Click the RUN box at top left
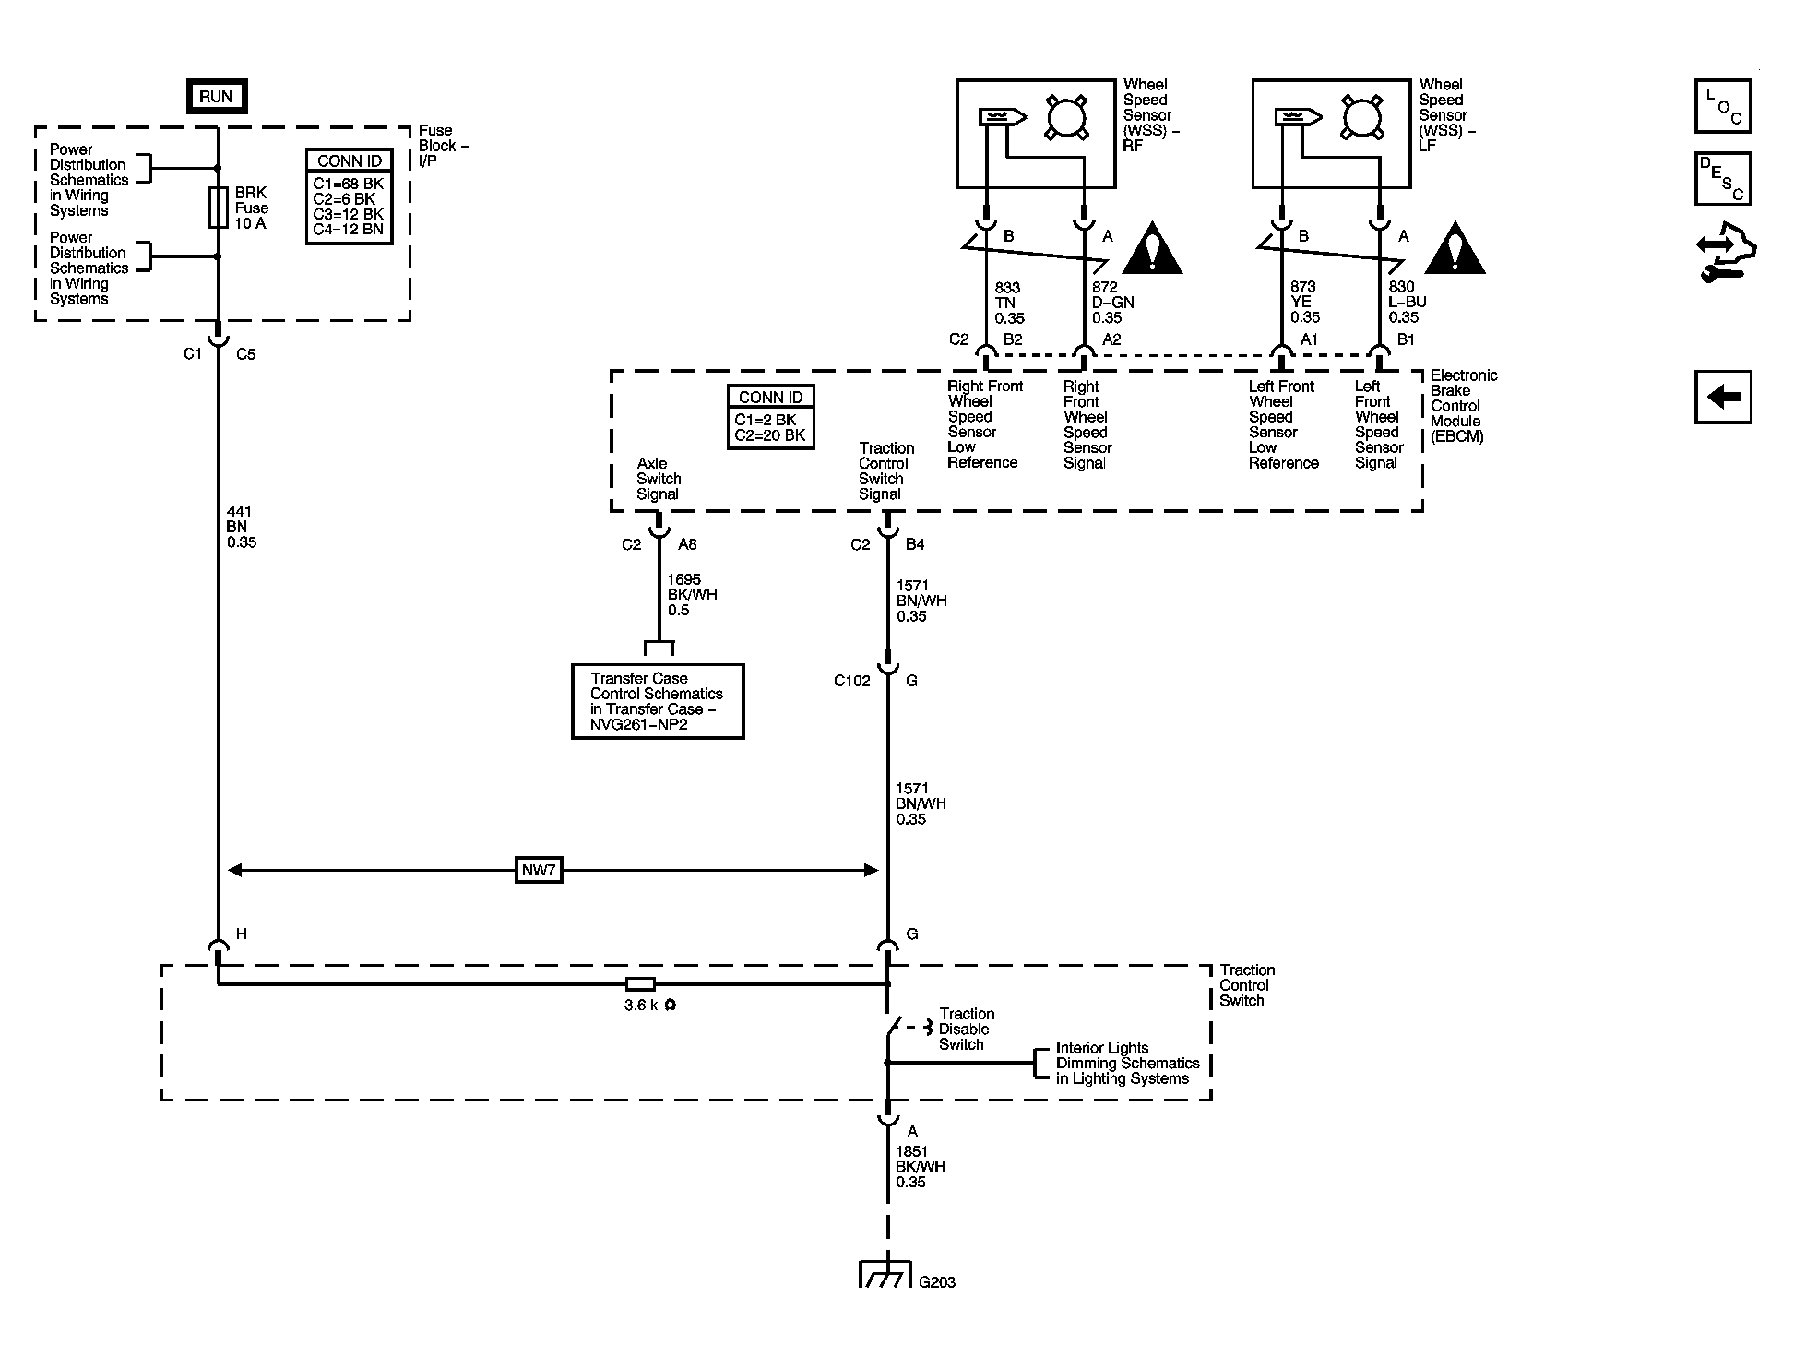pyautogui.click(x=217, y=97)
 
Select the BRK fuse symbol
pyautogui.click(x=218, y=208)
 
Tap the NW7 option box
pyautogui.click(x=539, y=870)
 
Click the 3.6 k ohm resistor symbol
pyautogui.click(x=640, y=983)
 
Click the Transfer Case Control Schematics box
pyautogui.click(x=657, y=701)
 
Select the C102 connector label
pyautogui.click(x=851, y=681)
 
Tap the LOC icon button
pyautogui.click(x=1722, y=106)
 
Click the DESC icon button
pyautogui.click(x=1722, y=179)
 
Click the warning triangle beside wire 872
pyautogui.click(x=1152, y=250)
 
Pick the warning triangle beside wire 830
pyautogui.click(x=1455, y=250)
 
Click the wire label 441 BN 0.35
pyautogui.click(x=241, y=527)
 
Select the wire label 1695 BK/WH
pyautogui.click(x=692, y=595)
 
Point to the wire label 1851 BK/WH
pyautogui.click(x=920, y=1166)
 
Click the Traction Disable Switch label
pyautogui.click(x=966, y=1029)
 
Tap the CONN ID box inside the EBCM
pyautogui.click(x=770, y=417)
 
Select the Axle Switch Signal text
pyautogui.click(x=659, y=479)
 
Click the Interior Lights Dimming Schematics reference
pyautogui.click(x=1126, y=1063)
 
